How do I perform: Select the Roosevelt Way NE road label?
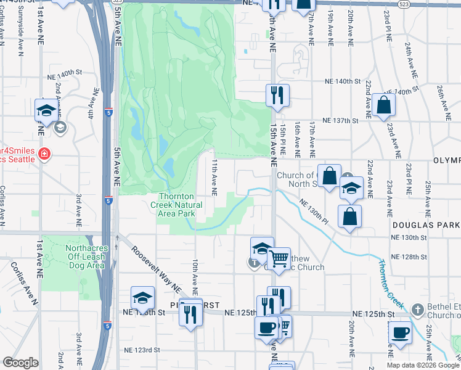tap(155, 268)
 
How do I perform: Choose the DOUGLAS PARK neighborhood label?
tap(425, 226)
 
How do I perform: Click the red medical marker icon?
tap(44, 154)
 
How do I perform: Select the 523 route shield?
tap(403, 4)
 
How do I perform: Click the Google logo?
tap(20, 363)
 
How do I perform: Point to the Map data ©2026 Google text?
tap(422, 365)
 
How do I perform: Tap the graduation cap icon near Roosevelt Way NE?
tap(142, 298)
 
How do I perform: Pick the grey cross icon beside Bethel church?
tap(417, 309)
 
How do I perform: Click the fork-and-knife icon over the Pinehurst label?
tap(191, 313)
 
